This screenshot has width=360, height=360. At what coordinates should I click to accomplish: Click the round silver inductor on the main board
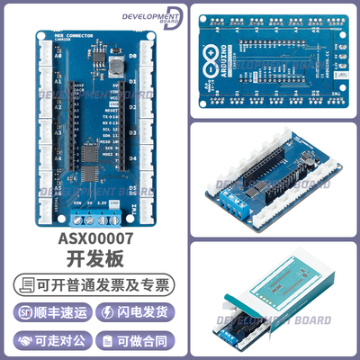117,65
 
